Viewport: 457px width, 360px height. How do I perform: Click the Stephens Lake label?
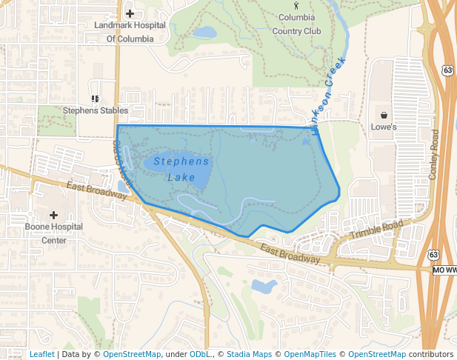point(181,169)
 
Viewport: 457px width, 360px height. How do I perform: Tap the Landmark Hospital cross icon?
point(130,13)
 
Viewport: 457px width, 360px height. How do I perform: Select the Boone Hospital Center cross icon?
point(54,215)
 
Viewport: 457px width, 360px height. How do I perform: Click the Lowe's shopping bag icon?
point(384,115)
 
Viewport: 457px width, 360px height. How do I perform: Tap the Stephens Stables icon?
point(94,98)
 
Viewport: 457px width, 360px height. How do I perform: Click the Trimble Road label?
point(376,230)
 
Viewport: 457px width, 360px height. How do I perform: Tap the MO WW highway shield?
point(444,270)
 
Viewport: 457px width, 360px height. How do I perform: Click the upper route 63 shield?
point(447,70)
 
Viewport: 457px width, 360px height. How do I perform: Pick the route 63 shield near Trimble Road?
point(433,255)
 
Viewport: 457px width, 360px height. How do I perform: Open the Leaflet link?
point(41,354)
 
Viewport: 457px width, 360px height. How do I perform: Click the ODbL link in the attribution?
point(199,354)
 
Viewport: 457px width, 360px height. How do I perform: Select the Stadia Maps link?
point(249,354)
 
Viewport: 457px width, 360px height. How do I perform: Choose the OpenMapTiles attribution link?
point(310,354)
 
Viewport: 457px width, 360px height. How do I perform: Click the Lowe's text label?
point(384,127)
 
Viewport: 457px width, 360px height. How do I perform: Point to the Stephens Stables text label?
point(96,110)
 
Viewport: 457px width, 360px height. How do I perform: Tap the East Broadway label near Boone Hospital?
point(96,190)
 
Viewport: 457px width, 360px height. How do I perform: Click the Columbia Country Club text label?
point(297,24)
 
